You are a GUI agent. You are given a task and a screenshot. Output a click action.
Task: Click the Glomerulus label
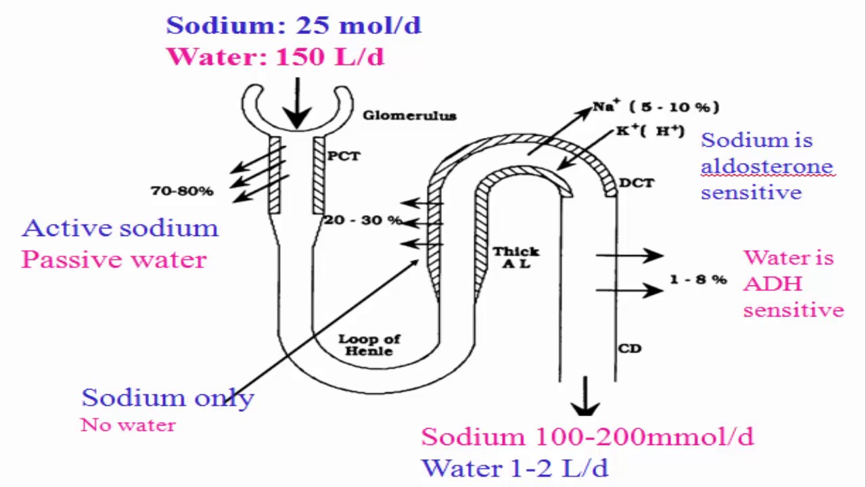pos(409,116)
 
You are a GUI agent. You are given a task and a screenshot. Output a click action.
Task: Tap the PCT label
pos(344,156)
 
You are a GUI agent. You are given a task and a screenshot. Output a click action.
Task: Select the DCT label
pos(636,183)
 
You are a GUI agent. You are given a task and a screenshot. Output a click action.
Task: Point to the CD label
pos(629,349)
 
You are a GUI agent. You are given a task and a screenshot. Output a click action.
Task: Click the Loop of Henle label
pos(369,345)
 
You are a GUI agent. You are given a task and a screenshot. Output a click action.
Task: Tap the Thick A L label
pos(516,257)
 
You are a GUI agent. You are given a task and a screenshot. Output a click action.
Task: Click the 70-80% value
pos(182,191)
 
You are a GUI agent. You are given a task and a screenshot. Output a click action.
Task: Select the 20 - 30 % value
pos(363,221)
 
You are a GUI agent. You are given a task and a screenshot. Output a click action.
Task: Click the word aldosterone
pos(767,166)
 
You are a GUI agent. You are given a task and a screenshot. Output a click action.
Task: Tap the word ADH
pos(773,284)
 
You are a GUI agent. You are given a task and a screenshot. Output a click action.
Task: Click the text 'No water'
pos(128,425)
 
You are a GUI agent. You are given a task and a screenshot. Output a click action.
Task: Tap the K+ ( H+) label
pos(649,131)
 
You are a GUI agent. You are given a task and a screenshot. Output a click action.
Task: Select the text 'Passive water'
pos(114,260)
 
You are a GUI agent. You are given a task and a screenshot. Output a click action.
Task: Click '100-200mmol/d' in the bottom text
pos(644,437)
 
